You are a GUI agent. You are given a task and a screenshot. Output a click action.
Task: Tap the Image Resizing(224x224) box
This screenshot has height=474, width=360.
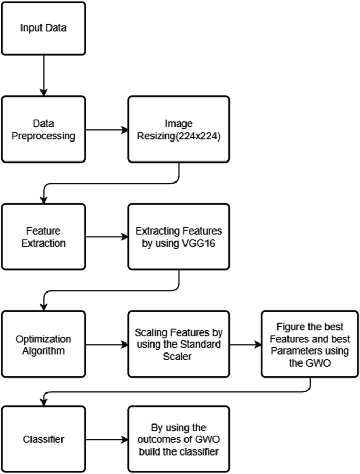click(x=179, y=128)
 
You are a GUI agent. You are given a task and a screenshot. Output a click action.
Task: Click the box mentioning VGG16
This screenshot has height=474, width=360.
click(x=179, y=236)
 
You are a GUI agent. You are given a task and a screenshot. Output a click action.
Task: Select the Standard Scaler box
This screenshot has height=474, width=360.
click(x=179, y=344)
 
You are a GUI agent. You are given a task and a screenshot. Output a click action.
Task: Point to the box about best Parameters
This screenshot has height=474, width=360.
click(x=310, y=344)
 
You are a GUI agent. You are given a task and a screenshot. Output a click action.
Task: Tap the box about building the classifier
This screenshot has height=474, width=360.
click(x=179, y=438)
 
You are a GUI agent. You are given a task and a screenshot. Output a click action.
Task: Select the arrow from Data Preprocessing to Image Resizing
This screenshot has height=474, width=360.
click(x=105, y=128)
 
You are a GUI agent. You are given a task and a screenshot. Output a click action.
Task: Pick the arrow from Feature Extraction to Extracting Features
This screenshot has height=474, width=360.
click(x=105, y=236)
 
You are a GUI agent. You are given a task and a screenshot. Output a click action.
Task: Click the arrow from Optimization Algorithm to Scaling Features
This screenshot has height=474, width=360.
click(x=105, y=344)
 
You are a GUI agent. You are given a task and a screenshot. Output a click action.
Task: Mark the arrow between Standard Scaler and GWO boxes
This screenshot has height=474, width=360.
click(x=245, y=344)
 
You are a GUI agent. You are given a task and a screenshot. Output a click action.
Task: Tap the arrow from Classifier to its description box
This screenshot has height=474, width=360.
click(x=105, y=438)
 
